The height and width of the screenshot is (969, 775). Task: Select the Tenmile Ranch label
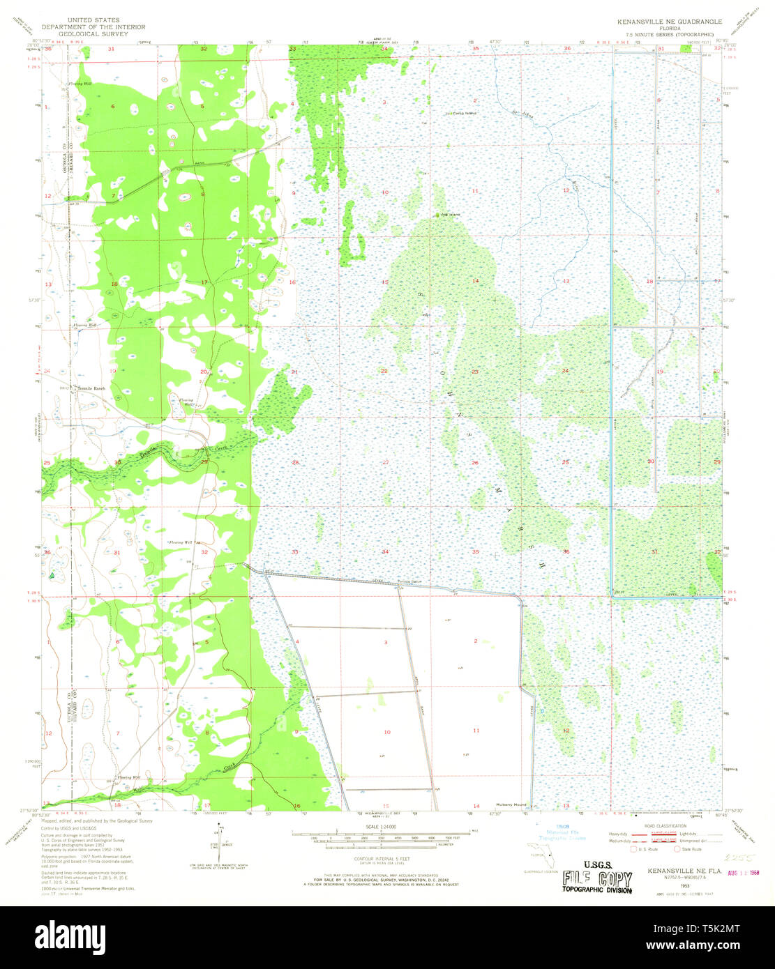(x=91, y=388)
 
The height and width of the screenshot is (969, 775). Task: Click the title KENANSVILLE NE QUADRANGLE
(x=669, y=22)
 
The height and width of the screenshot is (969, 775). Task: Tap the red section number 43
(x=566, y=281)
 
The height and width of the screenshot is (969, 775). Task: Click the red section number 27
(x=384, y=462)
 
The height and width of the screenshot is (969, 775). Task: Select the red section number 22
(x=384, y=371)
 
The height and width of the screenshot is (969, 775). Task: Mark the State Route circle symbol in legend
(x=677, y=849)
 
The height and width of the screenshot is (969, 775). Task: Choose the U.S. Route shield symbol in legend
(x=633, y=849)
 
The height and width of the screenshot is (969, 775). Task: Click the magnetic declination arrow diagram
(x=222, y=836)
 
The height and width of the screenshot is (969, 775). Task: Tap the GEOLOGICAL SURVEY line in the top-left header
(x=93, y=33)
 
